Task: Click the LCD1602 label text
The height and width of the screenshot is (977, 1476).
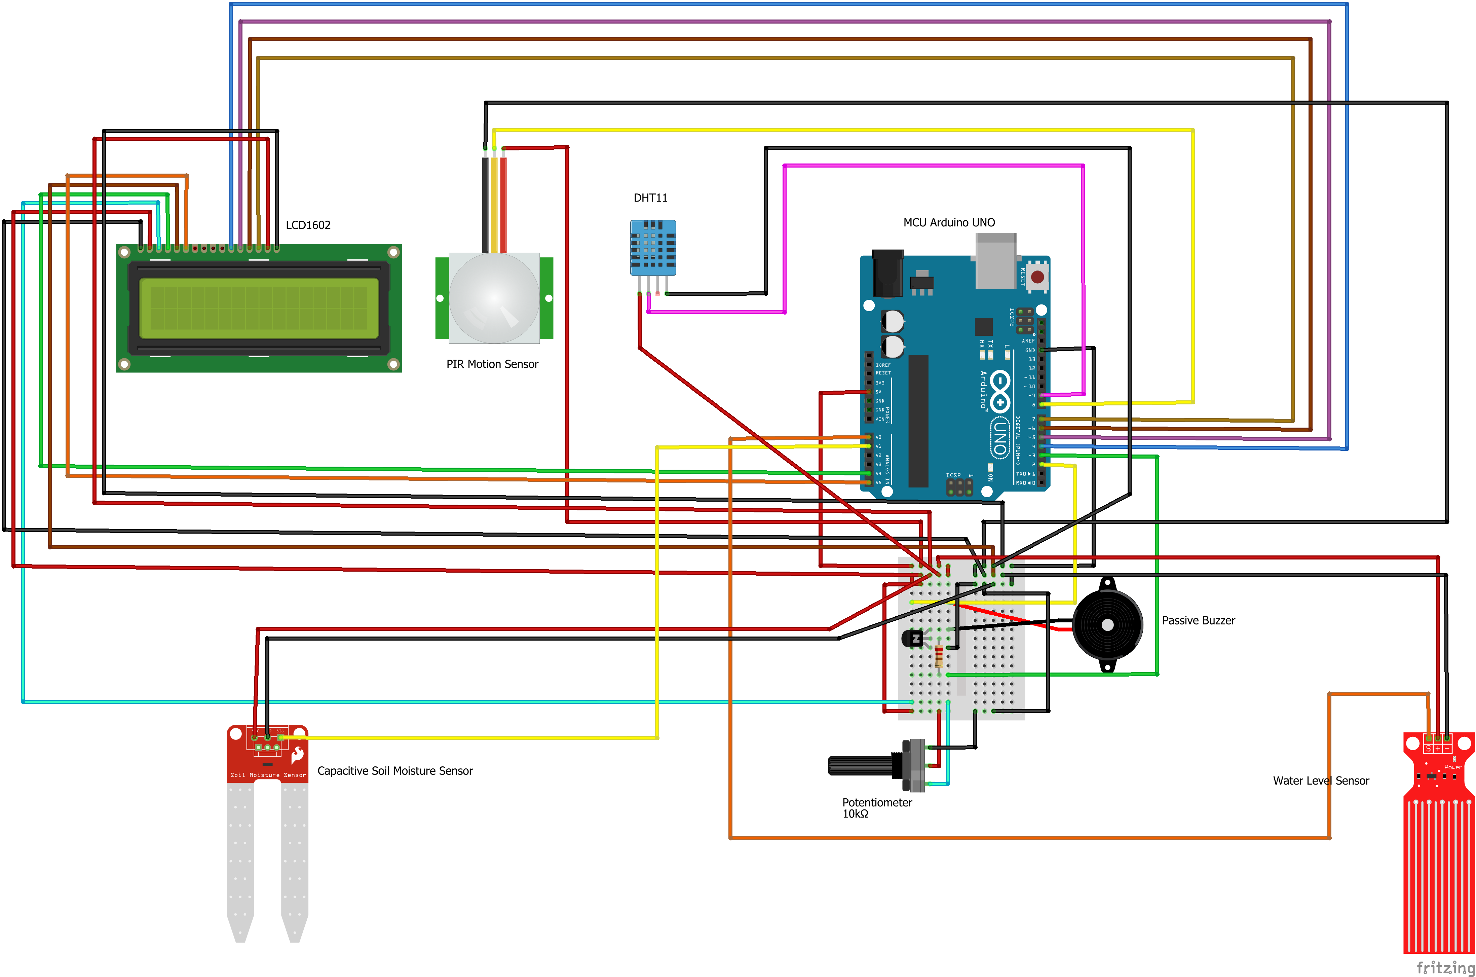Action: click(x=308, y=225)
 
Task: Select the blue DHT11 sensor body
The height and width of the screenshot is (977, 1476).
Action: click(x=653, y=247)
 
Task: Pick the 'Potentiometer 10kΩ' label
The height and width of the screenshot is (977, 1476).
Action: click(x=876, y=807)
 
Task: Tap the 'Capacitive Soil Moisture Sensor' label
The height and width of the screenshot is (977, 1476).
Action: click(x=395, y=771)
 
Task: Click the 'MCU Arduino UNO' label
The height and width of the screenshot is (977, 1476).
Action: click(x=948, y=222)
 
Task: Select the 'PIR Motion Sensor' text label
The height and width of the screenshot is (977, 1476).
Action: click(x=492, y=364)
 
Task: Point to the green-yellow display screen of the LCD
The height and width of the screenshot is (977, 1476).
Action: click(x=259, y=308)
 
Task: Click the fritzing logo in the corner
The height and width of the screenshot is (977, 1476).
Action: click(x=1445, y=967)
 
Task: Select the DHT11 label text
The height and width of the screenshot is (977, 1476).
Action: click(x=650, y=197)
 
